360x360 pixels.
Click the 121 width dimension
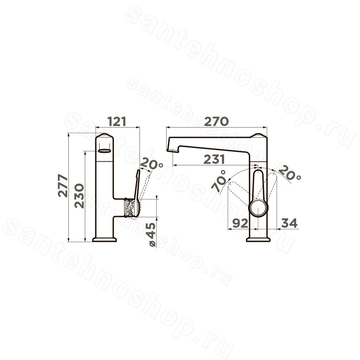(117, 121)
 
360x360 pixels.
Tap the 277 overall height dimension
(63, 186)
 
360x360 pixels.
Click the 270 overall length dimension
(217, 121)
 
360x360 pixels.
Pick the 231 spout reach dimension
(214, 159)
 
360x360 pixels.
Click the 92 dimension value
(240, 223)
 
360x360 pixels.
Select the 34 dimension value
(289, 223)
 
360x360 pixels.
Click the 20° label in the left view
(152, 164)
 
